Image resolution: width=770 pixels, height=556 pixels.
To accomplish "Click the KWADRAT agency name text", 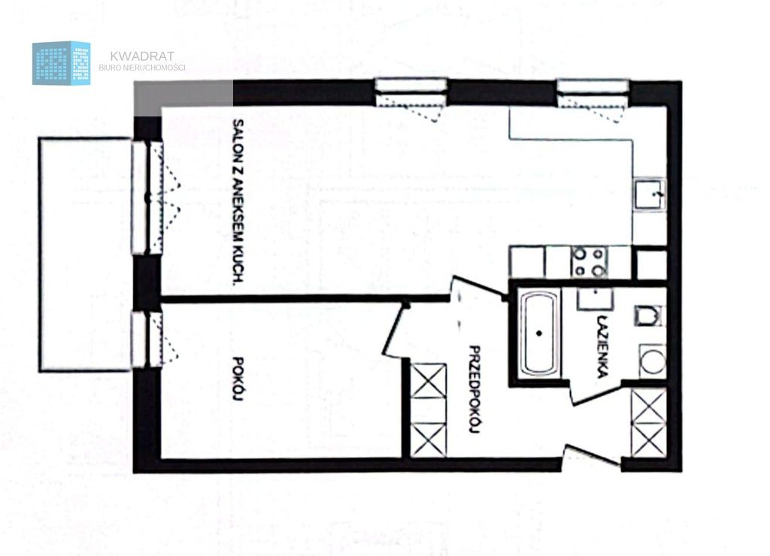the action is click(x=142, y=56).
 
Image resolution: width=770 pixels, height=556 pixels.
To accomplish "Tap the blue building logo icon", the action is click(x=62, y=63).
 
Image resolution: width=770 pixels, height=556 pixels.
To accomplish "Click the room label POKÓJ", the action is click(x=238, y=379).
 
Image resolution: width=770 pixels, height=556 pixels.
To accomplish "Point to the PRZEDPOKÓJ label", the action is click(x=474, y=390).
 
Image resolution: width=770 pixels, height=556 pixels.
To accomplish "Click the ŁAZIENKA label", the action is click(x=603, y=346).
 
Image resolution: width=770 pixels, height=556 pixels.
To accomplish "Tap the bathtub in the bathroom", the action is click(x=539, y=333).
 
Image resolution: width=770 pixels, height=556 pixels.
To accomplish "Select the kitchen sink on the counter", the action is click(x=649, y=195).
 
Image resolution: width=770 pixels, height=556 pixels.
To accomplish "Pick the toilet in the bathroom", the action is click(x=649, y=316).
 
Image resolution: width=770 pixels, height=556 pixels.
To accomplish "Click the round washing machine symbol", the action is click(x=653, y=361).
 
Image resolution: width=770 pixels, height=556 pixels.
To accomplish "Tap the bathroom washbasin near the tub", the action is click(x=596, y=298).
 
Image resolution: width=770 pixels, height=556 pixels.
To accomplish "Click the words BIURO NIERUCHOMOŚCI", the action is click(x=142, y=68).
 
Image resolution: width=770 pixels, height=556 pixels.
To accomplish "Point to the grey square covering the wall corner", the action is click(x=183, y=98).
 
